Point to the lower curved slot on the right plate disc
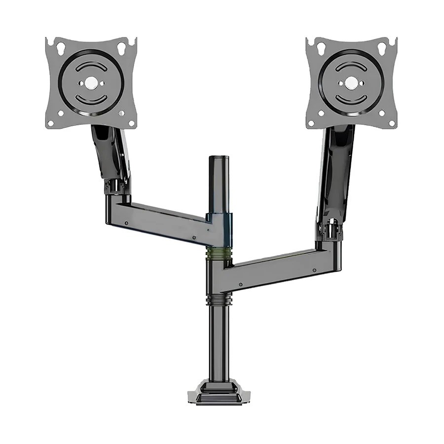[352, 99]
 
